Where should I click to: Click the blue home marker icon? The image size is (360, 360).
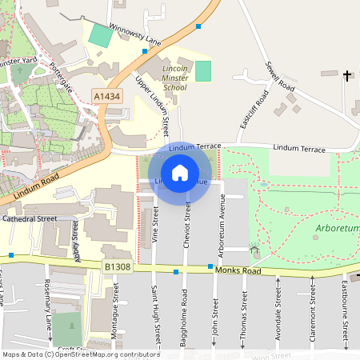coord(180,172)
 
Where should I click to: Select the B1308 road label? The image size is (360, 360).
coord(117,266)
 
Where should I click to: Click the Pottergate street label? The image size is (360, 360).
coord(61,78)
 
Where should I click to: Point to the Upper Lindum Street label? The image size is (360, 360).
coord(154,105)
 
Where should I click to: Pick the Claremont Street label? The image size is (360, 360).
coord(311,318)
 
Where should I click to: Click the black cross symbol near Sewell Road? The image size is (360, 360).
coord(348,76)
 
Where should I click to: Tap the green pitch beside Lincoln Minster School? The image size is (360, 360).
coord(203,70)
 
